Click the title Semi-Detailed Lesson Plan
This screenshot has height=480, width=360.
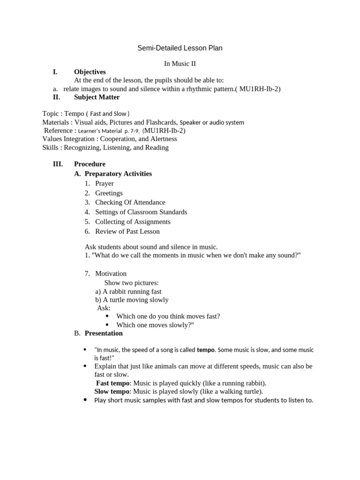[x=180, y=48]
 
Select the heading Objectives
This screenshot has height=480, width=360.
[x=90, y=72]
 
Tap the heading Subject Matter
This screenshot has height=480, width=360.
[x=97, y=97]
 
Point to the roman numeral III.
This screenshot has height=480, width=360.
[x=59, y=164]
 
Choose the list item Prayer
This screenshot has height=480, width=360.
[x=105, y=183]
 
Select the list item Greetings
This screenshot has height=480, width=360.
[x=109, y=193]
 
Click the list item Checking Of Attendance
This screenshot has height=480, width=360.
[x=130, y=202]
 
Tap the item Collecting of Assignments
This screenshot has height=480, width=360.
[x=133, y=222]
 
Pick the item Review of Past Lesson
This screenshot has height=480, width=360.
[x=127, y=231]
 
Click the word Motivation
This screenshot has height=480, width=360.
[x=111, y=273]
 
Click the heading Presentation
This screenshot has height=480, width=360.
[x=104, y=333]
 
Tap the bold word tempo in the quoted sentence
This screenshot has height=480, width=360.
[x=206, y=350]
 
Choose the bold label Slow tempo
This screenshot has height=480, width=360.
[x=112, y=391]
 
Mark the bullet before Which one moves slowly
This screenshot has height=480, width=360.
[x=107, y=325]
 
